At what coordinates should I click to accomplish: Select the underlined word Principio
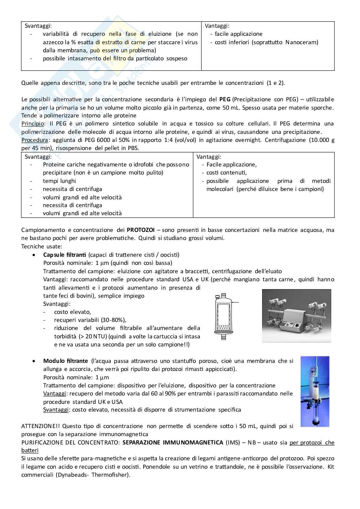tap(32, 124)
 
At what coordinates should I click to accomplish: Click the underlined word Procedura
tap(35, 140)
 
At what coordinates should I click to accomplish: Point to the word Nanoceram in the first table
tap(302, 42)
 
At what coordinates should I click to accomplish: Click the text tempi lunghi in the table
tap(59, 181)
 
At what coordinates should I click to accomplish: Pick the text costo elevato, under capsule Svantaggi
tap(73, 312)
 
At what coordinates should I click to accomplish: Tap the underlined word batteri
tap(30, 450)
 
